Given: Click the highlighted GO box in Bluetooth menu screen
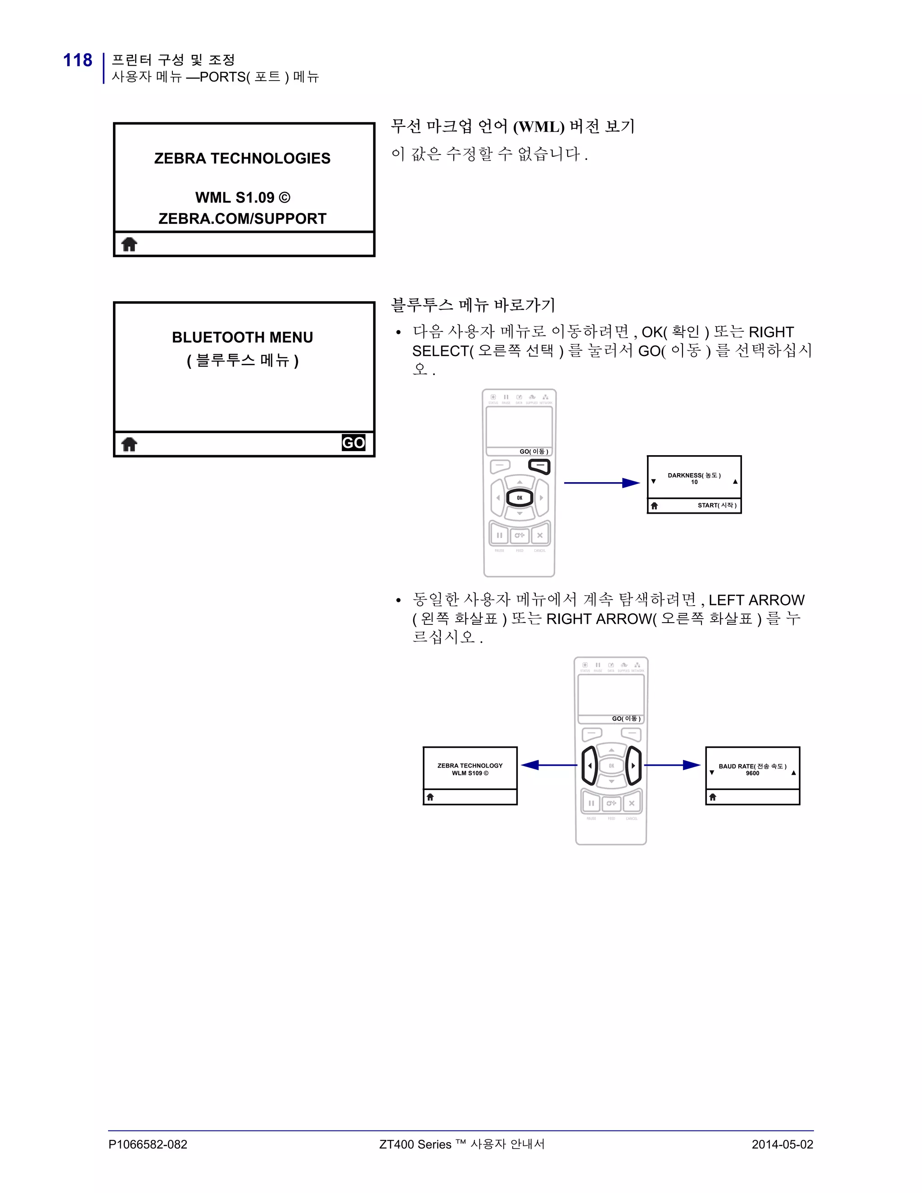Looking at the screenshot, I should (x=353, y=443).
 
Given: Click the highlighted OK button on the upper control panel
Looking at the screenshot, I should (x=520, y=497).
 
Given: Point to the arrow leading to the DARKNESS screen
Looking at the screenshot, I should (x=601, y=483).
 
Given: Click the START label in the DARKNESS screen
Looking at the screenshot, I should (x=717, y=505).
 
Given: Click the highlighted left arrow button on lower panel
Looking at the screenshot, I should (x=589, y=765).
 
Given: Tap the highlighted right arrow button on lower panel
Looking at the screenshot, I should (x=633, y=765).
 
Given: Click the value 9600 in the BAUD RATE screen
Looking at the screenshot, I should (x=752, y=773).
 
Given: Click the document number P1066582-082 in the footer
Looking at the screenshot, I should (x=148, y=1144).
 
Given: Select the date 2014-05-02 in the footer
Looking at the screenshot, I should (x=782, y=1144).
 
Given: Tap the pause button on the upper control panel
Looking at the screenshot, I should (x=499, y=535).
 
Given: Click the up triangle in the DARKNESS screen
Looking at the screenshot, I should (x=735, y=482).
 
